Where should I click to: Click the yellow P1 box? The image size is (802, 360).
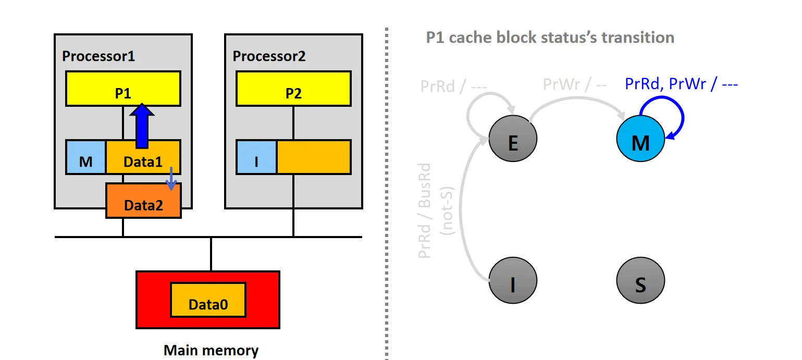[123, 89]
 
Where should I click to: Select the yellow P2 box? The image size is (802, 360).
[293, 89]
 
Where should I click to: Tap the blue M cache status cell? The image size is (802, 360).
[86, 157]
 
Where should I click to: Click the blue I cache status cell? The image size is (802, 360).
[256, 157]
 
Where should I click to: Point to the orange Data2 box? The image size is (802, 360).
[143, 201]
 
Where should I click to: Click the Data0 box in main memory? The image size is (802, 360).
[208, 300]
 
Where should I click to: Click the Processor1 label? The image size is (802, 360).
[98, 56]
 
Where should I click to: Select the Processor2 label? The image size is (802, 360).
[269, 56]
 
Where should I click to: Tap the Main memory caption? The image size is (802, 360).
[211, 350]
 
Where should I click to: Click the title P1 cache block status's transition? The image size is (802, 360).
[550, 38]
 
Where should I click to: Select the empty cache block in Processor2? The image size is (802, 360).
[313, 157]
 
